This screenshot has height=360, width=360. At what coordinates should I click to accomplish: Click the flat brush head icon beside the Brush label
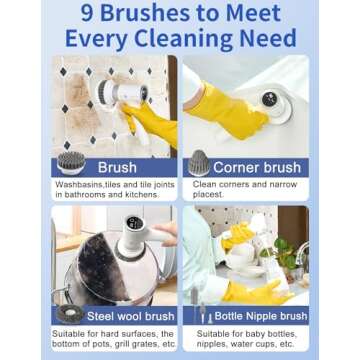pos(44,165)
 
